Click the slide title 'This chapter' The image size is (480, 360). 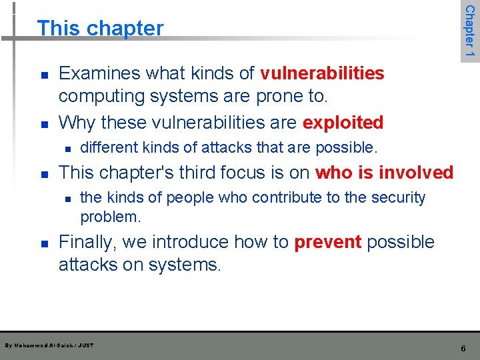pyautogui.click(x=100, y=28)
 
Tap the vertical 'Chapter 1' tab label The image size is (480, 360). pyautogui.click(x=469, y=31)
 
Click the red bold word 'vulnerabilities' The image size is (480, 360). pyautogui.click(x=322, y=73)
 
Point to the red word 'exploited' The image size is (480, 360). pyautogui.click(x=343, y=123)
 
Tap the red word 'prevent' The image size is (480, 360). pyautogui.click(x=327, y=242)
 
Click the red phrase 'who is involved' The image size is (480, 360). pyautogui.click(x=384, y=173)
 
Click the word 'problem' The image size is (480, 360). pyautogui.click(x=109, y=217)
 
